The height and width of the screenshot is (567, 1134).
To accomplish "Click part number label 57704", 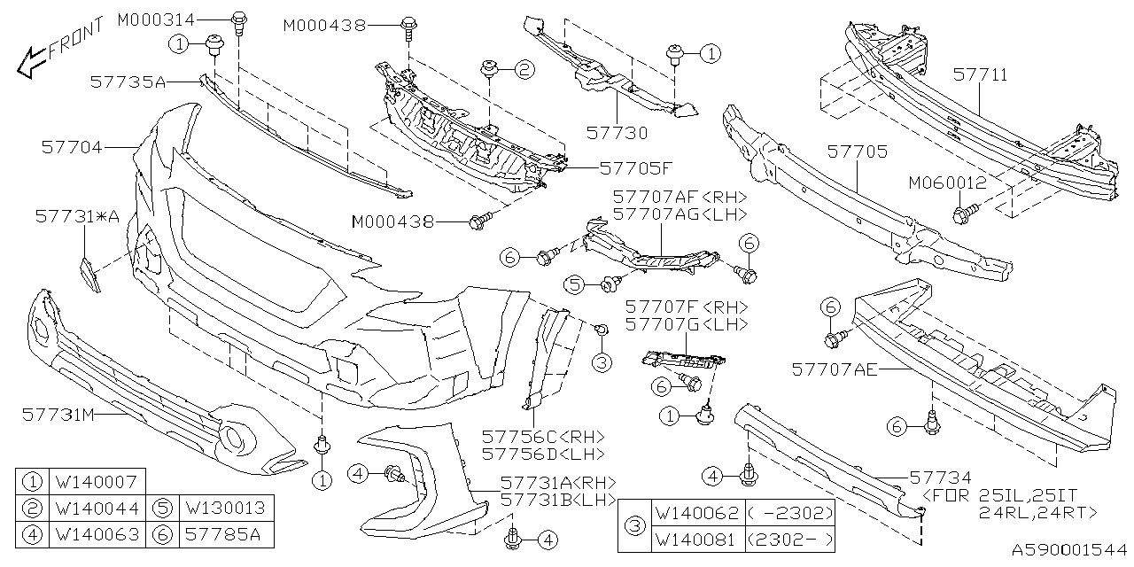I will tap(73, 148).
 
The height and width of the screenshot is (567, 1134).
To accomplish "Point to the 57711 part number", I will tap(980, 76).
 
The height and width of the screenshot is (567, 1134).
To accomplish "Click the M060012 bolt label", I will tap(946, 183).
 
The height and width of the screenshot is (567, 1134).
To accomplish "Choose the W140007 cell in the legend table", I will tap(95, 483).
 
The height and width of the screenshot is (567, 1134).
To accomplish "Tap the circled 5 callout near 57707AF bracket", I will tap(576, 284).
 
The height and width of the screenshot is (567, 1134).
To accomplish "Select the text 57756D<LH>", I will tap(543, 454).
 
